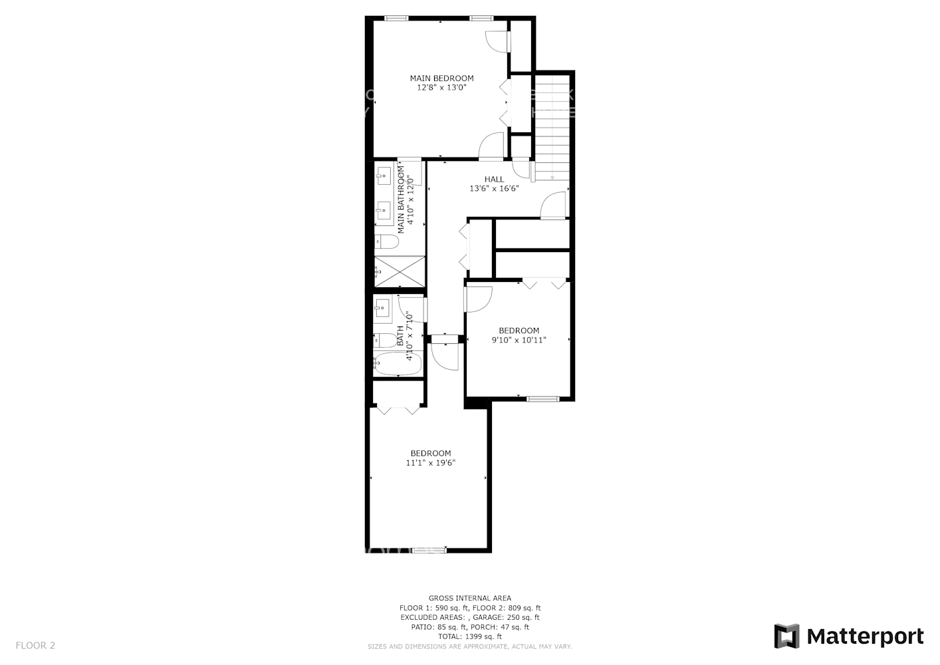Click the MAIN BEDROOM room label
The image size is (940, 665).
441,78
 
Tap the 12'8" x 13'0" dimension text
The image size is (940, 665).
441,88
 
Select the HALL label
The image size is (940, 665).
494,180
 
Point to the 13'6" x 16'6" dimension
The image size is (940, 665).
494,189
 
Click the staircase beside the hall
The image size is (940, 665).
552,126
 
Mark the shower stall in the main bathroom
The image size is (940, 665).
399,271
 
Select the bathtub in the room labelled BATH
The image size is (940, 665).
398,364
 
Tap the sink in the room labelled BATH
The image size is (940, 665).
382,306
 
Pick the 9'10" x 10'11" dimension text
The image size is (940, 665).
519,340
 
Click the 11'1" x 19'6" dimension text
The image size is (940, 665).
430,464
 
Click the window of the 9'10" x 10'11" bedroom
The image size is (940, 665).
543,399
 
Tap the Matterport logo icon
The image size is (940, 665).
787,636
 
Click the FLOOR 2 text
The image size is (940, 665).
35,645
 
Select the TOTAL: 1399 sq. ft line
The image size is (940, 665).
469,636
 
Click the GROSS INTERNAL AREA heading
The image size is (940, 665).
469,598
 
